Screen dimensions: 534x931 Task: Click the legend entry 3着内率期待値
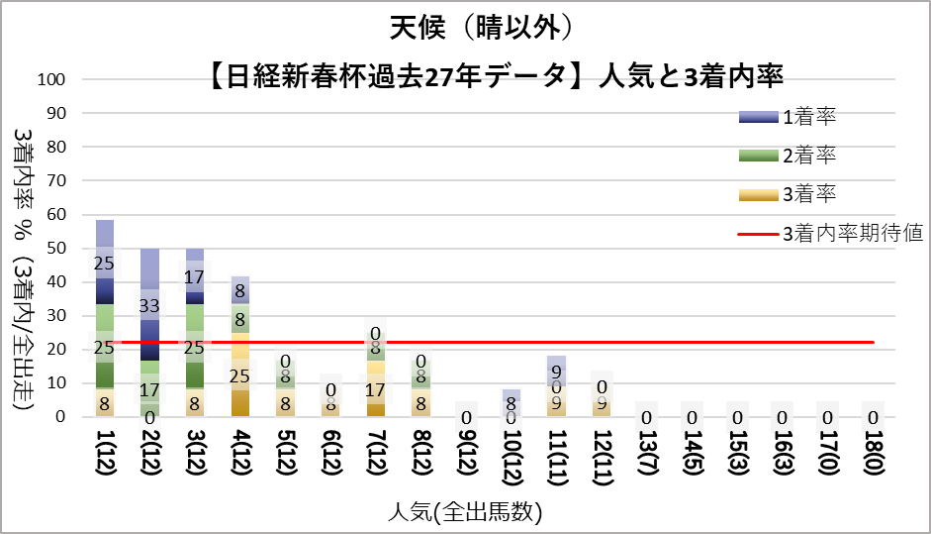click(852, 234)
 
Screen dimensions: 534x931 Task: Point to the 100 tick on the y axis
click(50, 79)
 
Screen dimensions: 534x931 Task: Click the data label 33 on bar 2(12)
click(150, 305)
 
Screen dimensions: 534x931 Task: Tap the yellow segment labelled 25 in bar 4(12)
click(240, 374)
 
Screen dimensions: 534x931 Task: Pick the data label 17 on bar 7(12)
click(376, 388)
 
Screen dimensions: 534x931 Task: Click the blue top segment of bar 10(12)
click(511, 396)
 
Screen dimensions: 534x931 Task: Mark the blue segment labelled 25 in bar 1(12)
click(105, 264)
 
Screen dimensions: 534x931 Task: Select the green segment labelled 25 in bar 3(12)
click(195, 347)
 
